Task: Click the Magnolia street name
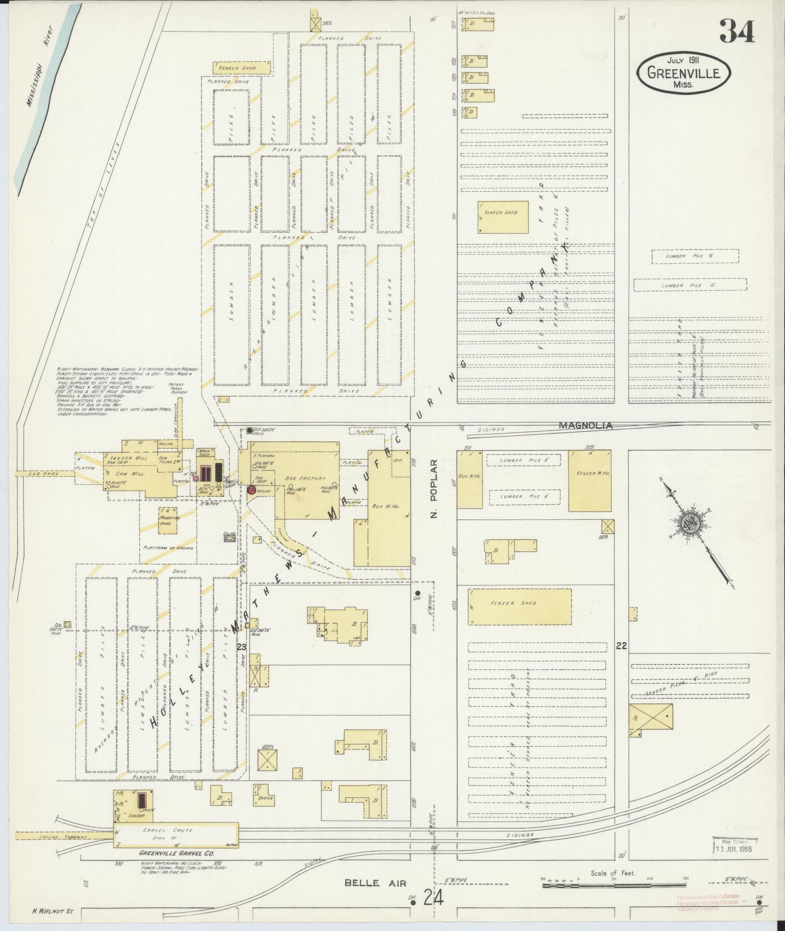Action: (x=585, y=425)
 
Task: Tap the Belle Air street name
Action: (x=375, y=883)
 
